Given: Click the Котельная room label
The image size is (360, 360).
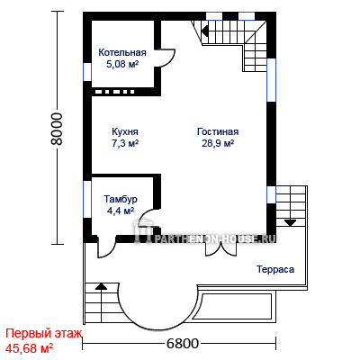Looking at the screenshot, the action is click(122, 52).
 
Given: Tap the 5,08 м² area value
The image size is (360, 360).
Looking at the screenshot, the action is click(122, 64).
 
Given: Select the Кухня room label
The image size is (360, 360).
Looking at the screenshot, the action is click(125, 131).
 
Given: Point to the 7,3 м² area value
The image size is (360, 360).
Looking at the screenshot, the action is click(125, 143).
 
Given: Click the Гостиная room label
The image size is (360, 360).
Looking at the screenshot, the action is click(218, 131).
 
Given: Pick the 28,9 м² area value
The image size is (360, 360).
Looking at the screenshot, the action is click(218, 143).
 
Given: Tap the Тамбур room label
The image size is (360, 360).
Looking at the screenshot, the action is click(121, 199).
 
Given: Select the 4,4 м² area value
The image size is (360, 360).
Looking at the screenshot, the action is click(121, 211).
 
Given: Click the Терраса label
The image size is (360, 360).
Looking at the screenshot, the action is click(275, 269).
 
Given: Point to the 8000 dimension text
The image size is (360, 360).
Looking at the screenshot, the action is click(57, 129).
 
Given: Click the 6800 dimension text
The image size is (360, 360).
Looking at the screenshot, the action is click(183, 344).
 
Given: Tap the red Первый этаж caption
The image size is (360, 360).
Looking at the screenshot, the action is click(44, 333).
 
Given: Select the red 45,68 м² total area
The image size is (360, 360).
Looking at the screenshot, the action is click(30, 348).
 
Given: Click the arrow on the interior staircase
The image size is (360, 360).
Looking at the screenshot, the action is click(206, 31).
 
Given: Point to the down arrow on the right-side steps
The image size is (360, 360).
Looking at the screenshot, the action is click(290, 222).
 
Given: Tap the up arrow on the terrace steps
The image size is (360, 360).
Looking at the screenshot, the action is click(102, 285).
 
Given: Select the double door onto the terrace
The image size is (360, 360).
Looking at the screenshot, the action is click(221, 248).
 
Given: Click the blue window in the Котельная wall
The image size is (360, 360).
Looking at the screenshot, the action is click(87, 72).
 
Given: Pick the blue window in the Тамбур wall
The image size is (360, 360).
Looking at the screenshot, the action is click(87, 199).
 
